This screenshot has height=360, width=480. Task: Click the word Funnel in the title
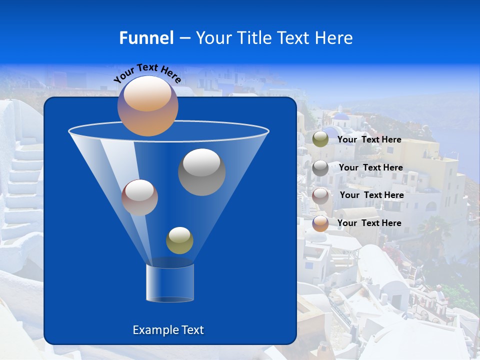(146, 38)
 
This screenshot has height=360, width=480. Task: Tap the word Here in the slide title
(334, 38)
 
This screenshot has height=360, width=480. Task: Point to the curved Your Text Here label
(147, 73)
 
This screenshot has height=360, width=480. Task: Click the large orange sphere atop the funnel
(148, 105)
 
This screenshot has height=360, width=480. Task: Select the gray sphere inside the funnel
(201, 171)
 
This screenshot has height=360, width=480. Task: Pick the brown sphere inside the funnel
(139, 197)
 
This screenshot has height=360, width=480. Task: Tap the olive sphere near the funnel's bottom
(179, 240)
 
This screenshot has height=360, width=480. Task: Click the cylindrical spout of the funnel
(169, 283)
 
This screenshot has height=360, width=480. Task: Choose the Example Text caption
(168, 330)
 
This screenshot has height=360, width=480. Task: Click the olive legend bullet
(320, 139)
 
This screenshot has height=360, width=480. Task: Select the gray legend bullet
(320, 168)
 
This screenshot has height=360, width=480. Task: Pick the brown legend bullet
(320, 195)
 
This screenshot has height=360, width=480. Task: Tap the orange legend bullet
(320, 223)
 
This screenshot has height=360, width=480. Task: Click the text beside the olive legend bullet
(369, 139)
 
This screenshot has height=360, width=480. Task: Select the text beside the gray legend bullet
(370, 167)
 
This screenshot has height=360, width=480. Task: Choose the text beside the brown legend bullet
(371, 195)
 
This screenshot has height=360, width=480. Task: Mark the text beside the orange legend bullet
(369, 223)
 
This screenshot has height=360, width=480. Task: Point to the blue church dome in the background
(341, 117)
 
